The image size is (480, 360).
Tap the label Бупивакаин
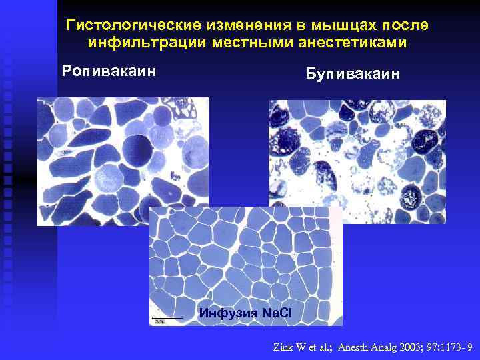tap(353, 73)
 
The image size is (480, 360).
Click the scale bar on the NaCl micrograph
tap(168, 317)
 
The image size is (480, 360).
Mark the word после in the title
tap(406, 25)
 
